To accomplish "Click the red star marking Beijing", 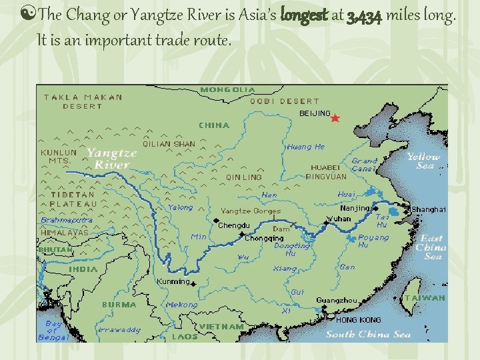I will [335, 118].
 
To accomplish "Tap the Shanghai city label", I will [428, 209].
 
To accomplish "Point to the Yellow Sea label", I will [423, 161].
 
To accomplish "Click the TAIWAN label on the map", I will [424, 298].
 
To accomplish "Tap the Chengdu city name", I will [234, 225].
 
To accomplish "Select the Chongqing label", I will [264, 239].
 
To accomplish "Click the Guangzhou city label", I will [337, 301].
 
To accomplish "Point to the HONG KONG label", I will [359, 320].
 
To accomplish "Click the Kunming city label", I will [173, 282].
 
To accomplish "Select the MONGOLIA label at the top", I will [227, 89].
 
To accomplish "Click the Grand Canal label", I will [365, 165].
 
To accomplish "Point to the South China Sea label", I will [368, 334].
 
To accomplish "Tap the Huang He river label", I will [305, 147].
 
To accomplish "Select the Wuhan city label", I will [339, 219].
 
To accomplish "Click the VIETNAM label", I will [221, 327].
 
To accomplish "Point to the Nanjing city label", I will [355, 208].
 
